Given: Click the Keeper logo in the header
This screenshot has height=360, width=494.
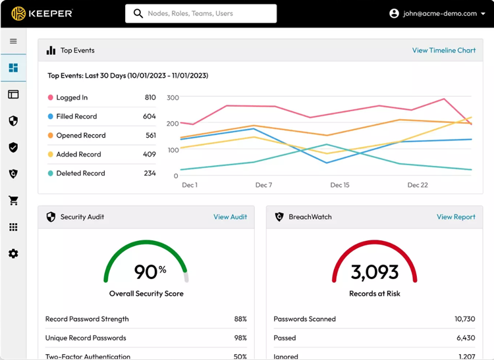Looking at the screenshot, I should point(41,13).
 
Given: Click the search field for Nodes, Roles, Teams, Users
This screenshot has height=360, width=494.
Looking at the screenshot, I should point(201,13).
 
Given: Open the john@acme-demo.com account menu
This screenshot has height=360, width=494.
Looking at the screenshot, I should point(437,13).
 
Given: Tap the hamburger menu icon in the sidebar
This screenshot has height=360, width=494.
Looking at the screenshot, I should point(13,41).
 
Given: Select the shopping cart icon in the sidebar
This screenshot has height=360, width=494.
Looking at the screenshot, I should point(13,201).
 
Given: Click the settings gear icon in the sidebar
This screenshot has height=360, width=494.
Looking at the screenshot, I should point(13,253).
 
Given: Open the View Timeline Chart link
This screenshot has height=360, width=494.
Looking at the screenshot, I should point(443,50).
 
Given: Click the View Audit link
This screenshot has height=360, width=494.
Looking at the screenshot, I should point(230,217).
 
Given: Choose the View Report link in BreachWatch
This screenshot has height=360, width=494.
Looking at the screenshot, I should point(456,217).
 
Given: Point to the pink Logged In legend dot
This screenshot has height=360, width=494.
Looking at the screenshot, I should point(51,97).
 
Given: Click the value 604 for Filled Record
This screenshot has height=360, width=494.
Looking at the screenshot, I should point(149,116).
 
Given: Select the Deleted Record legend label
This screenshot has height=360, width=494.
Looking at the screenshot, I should point(80,173).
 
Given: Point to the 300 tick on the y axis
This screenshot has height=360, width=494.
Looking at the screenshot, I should point(173,97).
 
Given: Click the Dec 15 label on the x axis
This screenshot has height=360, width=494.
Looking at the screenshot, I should point(340,185).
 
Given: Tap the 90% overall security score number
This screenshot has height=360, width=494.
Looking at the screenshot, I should point(150,271).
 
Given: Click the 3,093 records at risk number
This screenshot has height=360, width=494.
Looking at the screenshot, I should point(374,271).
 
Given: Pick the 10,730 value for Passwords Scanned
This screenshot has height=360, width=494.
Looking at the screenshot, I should point(464,319).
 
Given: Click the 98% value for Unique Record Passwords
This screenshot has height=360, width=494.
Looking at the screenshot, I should point(240,338).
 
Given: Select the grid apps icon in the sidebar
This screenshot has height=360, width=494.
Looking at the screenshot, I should point(13,227).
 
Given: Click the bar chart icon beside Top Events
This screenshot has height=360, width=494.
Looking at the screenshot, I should point(51,50).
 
